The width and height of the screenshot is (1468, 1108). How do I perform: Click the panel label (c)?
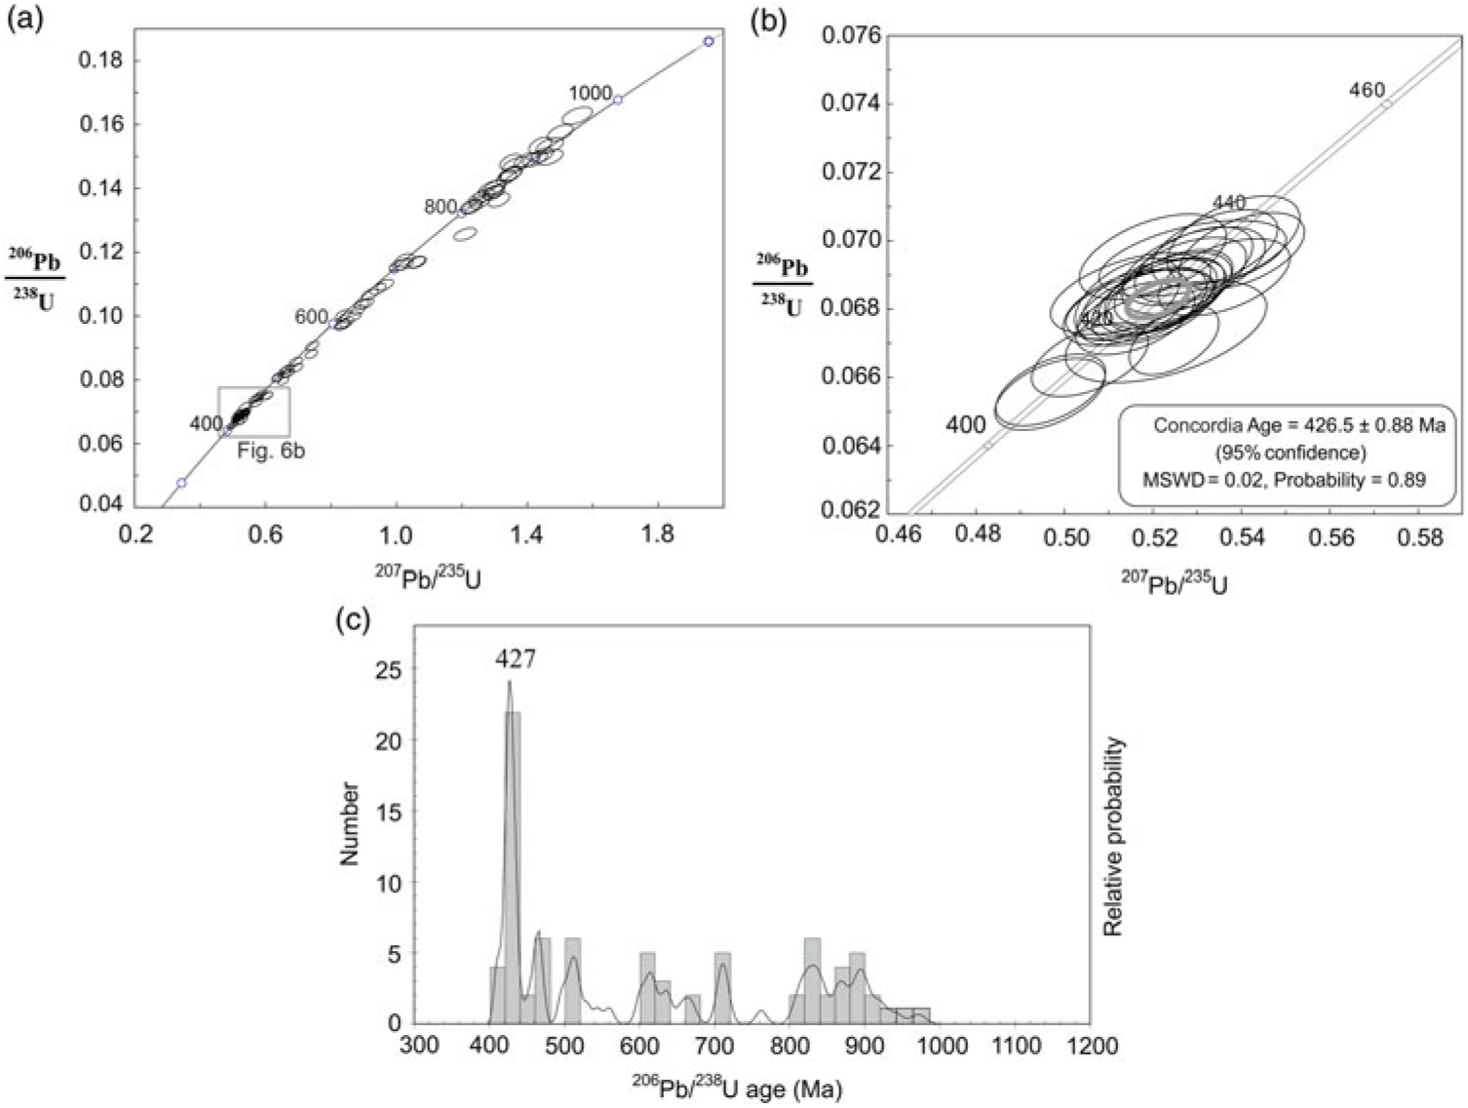[352, 621]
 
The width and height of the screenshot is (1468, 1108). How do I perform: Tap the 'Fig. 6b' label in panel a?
[271, 452]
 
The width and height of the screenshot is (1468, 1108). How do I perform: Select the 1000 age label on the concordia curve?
[591, 94]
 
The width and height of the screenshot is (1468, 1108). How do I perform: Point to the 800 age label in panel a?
[441, 207]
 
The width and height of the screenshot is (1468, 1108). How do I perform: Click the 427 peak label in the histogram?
[515, 660]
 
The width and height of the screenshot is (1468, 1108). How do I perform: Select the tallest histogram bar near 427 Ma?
[513, 868]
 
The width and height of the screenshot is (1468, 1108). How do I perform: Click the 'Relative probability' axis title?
[1113, 837]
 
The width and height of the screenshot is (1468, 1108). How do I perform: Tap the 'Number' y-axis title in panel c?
[349, 823]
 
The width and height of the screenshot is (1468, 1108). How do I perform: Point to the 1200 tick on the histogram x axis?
[1091, 1047]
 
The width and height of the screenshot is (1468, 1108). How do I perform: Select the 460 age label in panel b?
[1367, 90]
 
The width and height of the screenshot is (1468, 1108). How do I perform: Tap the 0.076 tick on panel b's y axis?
[851, 36]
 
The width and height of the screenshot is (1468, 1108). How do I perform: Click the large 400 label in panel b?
[965, 424]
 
